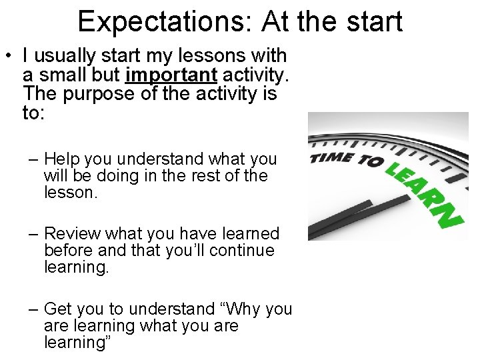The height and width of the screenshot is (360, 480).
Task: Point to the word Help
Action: pyautogui.click(x=61, y=159)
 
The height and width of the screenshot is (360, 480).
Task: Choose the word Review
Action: pyautogui.click(x=71, y=234)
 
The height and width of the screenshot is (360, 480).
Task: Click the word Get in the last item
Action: pyautogui.click(x=58, y=309)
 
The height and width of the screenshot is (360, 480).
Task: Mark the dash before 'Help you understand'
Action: pyautogui.click(x=33, y=160)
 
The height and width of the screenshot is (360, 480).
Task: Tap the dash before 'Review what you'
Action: pyautogui.click(x=33, y=235)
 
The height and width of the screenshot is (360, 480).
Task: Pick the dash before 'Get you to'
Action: pyautogui.click(x=33, y=310)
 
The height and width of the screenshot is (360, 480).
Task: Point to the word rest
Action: pyautogui.click(x=209, y=176)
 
